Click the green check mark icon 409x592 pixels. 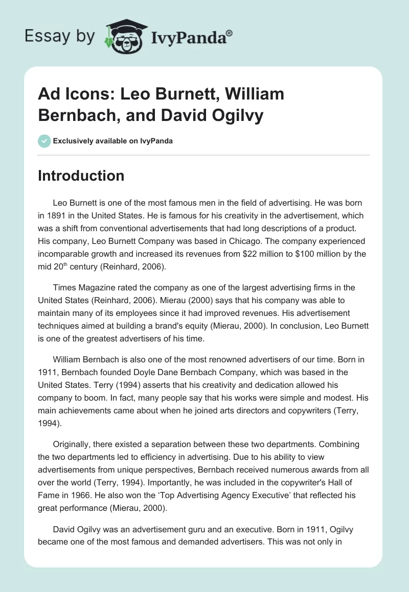point(44,141)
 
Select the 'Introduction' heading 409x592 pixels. point(81,176)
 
